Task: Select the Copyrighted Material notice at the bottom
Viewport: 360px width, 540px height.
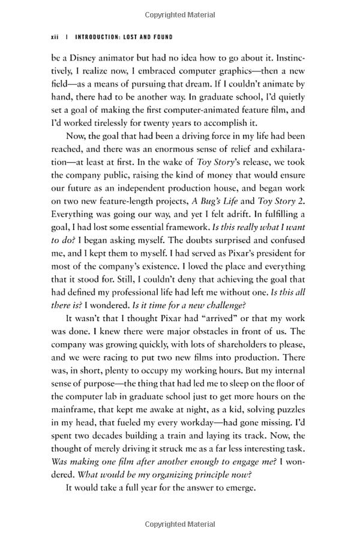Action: coord(180,525)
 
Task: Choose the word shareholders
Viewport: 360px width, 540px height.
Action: coord(225,347)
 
